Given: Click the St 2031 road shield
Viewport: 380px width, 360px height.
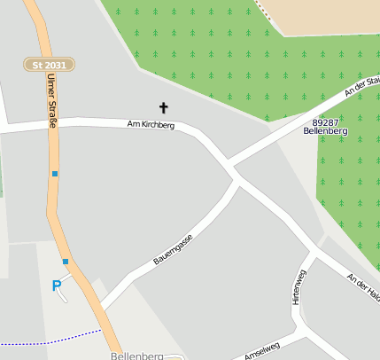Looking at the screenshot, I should point(50,65).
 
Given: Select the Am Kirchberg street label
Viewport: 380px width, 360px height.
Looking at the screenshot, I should point(151,126).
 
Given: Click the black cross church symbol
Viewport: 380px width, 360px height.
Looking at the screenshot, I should point(163,108).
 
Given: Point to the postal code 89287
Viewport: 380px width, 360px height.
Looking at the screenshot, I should point(325,122).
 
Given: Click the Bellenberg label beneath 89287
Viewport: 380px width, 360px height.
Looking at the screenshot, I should point(325,131).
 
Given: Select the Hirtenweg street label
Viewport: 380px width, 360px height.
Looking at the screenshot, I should point(299,287).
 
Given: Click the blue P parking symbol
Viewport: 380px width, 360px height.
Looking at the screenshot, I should point(57,286).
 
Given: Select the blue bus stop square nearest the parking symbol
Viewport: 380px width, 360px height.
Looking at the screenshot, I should point(66,261).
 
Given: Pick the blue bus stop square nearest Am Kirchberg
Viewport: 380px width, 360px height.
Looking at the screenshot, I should point(55,174).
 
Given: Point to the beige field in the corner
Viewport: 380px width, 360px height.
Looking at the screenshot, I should point(328,16).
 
